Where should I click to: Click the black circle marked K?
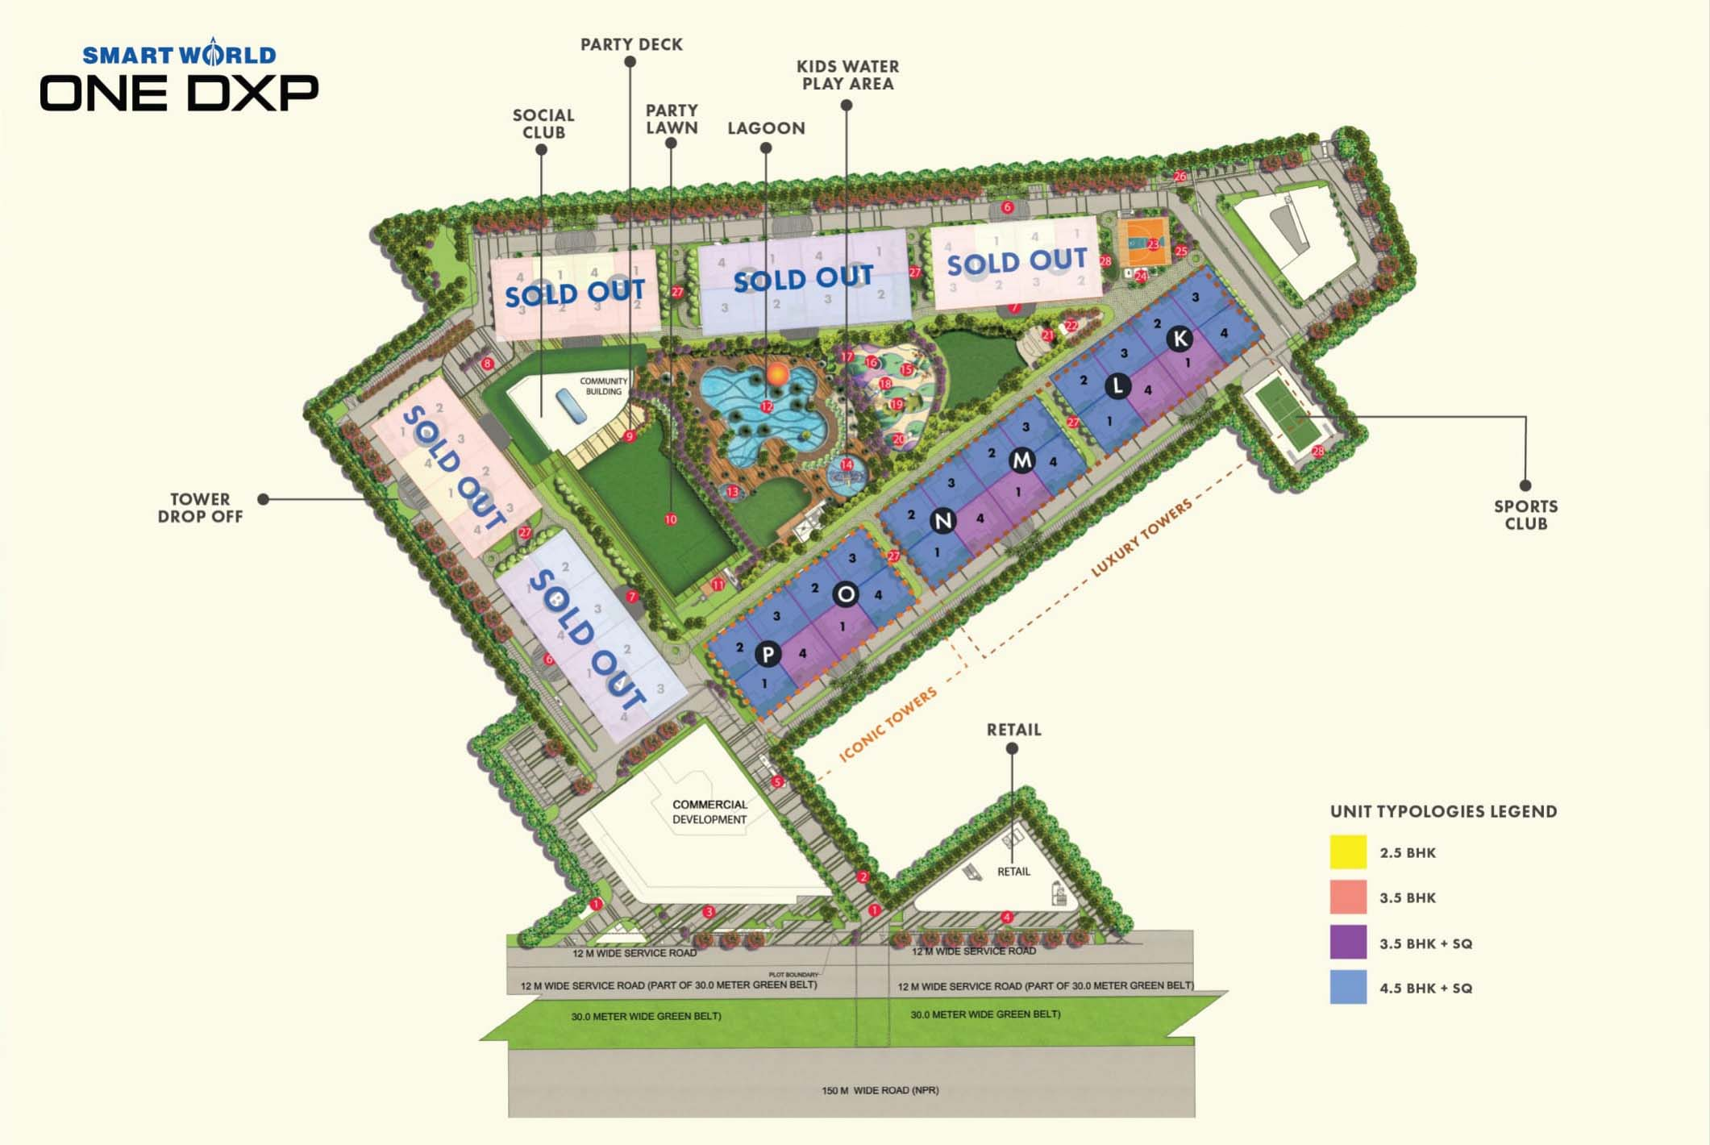(1180, 339)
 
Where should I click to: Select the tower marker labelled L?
(1117, 386)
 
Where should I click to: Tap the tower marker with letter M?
(1022, 460)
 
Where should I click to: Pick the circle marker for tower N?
(943, 521)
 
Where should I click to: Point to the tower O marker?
(846, 594)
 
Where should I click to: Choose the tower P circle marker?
(768, 654)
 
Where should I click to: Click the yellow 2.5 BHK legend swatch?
(1348, 852)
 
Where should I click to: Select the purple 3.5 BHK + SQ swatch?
(1348, 942)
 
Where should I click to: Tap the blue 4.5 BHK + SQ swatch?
(1348, 987)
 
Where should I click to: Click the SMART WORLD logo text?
(179, 55)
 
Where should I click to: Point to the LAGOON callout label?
(766, 128)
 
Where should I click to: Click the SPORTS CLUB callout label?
(1525, 514)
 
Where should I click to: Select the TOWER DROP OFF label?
(200, 508)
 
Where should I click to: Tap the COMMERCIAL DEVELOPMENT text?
(709, 812)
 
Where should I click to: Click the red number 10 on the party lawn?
(671, 520)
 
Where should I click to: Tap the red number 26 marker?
(1180, 177)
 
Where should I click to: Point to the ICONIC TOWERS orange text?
(888, 724)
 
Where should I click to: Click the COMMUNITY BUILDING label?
(603, 386)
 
